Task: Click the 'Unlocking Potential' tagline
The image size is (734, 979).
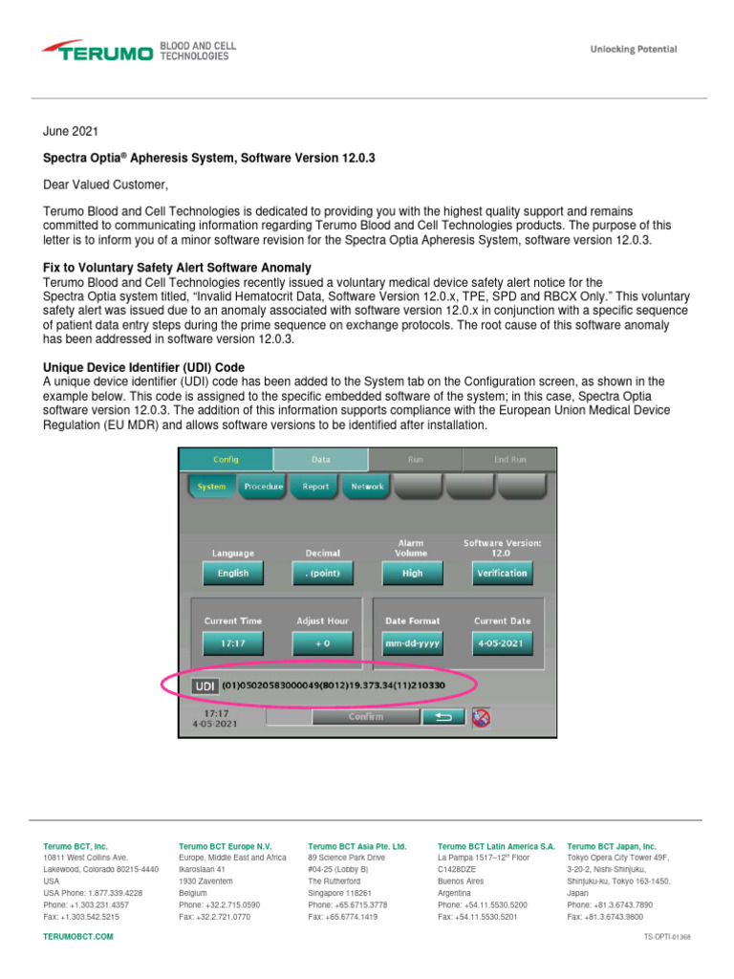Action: (x=633, y=49)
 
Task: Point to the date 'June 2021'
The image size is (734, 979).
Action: (x=71, y=130)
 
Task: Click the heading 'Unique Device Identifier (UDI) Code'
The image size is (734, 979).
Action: (x=144, y=367)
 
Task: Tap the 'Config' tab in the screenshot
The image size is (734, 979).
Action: (x=227, y=459)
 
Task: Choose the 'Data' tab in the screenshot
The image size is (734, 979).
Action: (x=320, y=459)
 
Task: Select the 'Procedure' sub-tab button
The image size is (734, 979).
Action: (x=263, y=487)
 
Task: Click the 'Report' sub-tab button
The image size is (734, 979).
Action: (x=315, y=487)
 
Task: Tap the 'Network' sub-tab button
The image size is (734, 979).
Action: (x=367, y=487)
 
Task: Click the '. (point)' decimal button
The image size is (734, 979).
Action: (x=322, y=574)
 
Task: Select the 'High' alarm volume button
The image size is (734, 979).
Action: (x=412, y=574)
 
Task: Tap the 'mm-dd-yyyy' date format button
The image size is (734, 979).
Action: (x=412, y=644)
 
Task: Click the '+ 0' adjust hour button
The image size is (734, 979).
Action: (x=322, y=644)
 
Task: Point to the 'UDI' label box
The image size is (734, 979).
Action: (x=205, y=686)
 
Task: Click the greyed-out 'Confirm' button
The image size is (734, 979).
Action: (x=366, y=716)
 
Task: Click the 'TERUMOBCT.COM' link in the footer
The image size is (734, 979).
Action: (x=78, y=937)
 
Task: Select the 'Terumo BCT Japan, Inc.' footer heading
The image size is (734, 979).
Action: (x=612, y=846)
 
